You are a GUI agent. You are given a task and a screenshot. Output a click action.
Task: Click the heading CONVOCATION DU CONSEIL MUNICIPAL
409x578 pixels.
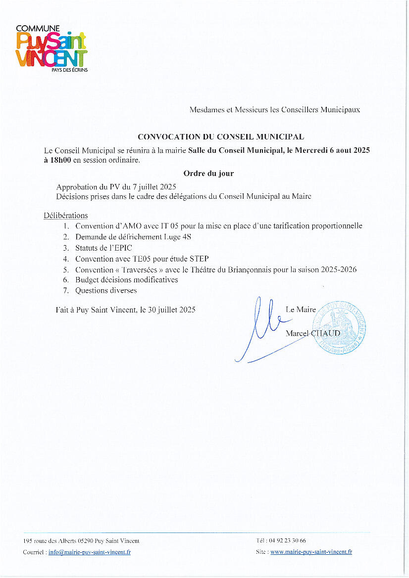tap(221, 136)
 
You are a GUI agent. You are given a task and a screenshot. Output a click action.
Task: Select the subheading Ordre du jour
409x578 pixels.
tap(208, 174)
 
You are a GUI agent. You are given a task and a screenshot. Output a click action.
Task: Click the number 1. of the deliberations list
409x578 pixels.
tap(66, 226)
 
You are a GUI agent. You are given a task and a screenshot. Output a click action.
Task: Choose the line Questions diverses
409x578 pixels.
tap(106, 291)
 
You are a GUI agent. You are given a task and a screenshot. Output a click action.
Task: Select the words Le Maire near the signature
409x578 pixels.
tap(301, 310)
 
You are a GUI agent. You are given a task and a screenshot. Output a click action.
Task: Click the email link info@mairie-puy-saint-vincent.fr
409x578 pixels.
tap(90, 552)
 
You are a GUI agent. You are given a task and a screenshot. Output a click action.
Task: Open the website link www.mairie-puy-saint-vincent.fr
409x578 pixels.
tap(311, 552)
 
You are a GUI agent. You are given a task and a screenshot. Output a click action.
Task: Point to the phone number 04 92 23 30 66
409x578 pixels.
tap(288, 541)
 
